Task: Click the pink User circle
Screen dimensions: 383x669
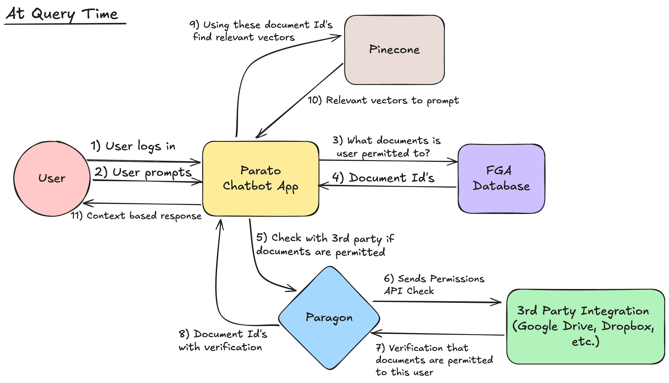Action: click(x=52, y=179)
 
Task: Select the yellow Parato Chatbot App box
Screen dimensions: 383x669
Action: click(x=260, y=179)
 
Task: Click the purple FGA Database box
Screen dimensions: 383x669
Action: click(x=501, y=179)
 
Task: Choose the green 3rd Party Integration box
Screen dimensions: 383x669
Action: click(x=585, y=326)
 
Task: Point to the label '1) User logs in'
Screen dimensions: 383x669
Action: click(x=133, y=146)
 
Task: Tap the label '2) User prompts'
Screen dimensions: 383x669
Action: click(x=143, y=173)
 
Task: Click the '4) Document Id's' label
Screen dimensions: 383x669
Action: click(x=383, y=178)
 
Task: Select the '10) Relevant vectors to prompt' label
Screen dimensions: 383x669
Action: click(x=383, y=100)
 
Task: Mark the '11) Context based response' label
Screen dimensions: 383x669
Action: click(x=136, y=216)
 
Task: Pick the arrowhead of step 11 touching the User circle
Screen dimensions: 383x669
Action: click(x=87, y=203)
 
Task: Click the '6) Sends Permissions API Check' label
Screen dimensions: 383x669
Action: click(x=434, y=285)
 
